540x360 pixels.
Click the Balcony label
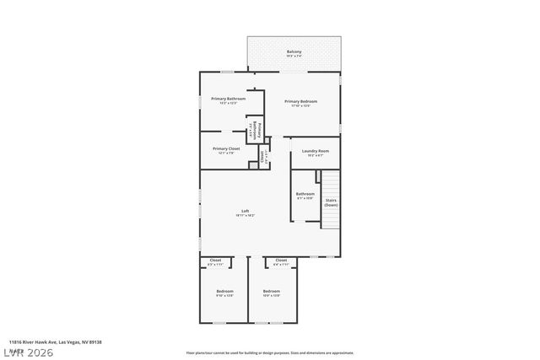[x=294, y=52]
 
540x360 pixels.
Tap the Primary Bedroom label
[x=301, y=101]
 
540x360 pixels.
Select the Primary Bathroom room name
[x=228, y=99]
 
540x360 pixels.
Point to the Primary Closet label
[x=226, y=148]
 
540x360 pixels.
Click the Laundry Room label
[x=316, y=151]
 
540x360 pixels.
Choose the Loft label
[x=245, y=211]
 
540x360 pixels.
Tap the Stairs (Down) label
[x=331, y=202]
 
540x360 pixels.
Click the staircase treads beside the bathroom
[x=331, y=185]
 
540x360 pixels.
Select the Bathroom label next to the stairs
[x=305, y=194]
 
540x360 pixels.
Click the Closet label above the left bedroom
[x=215, y=261]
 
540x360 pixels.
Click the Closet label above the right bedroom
[x=281, y=261]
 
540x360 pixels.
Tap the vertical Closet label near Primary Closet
[x=262, y=156]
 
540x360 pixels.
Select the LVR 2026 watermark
[x=28, y=352]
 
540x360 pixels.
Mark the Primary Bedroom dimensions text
[x=301, y=106]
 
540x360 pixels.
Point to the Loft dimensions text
[x=245, y=216]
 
